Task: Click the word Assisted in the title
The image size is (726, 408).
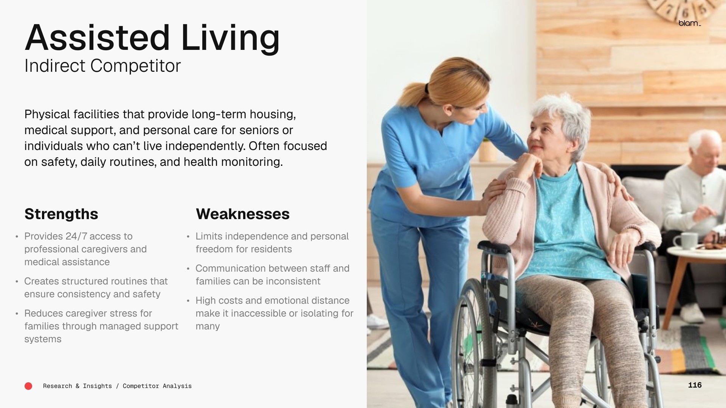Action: coord(98,38)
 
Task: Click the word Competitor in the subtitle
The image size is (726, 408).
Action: coord(135,66)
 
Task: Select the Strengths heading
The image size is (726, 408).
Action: coord(61,214)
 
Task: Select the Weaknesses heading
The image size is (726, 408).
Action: coord(243,214)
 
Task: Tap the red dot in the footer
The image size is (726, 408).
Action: coord(28,386)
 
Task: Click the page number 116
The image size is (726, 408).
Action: coord(695,385)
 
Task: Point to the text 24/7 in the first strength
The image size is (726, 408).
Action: coord(76,236)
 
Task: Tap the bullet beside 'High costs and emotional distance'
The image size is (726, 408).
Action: coord(188,301)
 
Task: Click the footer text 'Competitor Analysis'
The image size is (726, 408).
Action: coord(157,386)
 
